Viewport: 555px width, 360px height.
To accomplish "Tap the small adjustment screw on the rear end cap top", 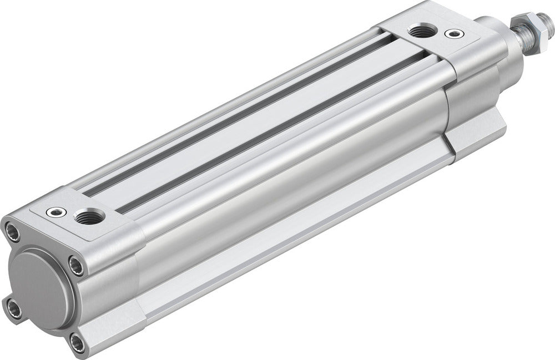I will click(56, 212).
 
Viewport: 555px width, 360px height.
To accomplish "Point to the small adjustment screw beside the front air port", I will click(456, 34).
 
